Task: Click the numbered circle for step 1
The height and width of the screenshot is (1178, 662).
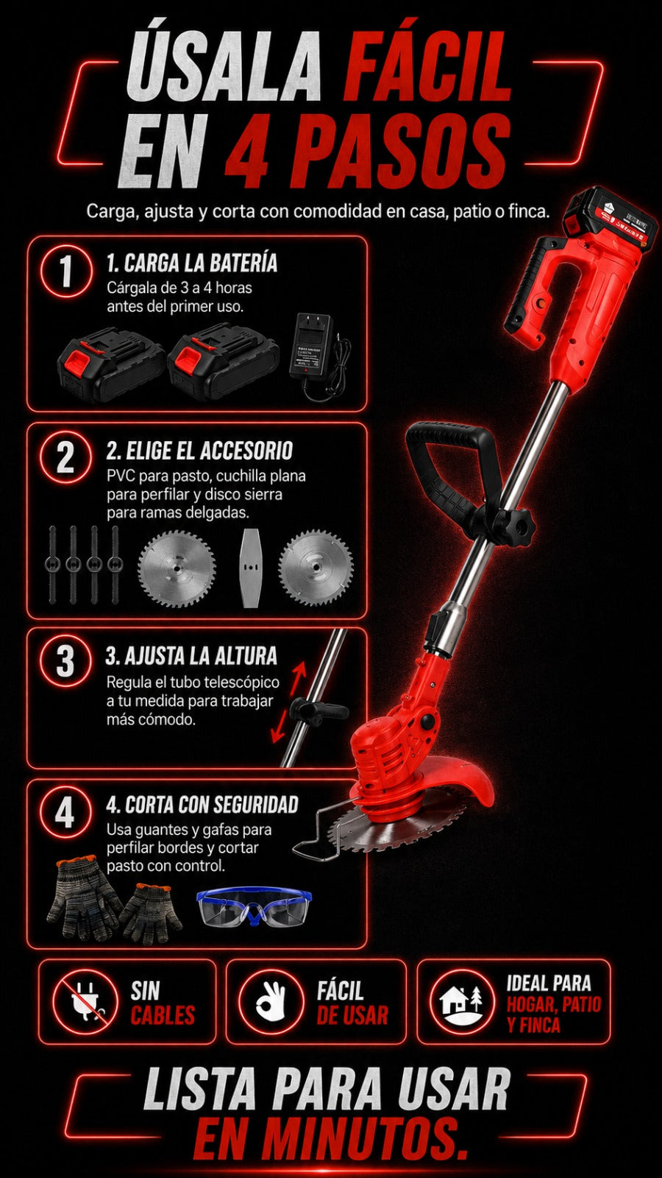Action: pyautogui.click(x=65, y=272)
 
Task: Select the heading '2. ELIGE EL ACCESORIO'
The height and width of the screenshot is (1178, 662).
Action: pyautogui.click(x=199, y=451)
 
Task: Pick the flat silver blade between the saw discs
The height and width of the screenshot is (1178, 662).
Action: pyautogui.click(x=250, y=568)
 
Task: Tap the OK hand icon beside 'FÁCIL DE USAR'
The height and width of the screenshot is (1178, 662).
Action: pyautogui.click(x=271, y=1002)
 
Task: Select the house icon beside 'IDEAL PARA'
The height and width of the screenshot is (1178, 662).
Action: pyautogui.click(x=461, y=1002)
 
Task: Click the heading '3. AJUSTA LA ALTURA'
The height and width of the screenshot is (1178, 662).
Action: pyautogui.click(x=191, y=656)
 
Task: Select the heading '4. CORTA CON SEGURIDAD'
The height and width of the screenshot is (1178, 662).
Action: pyautogui.click(x=202, y=805)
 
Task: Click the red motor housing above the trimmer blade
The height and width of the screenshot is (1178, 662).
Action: pyautogui.click(x=386, y=752)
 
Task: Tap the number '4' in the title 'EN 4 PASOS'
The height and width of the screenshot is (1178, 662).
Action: pyautogui.click(x=247, y=151)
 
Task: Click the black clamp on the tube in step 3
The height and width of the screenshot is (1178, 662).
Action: pyautogui.click(x=317, y=710)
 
